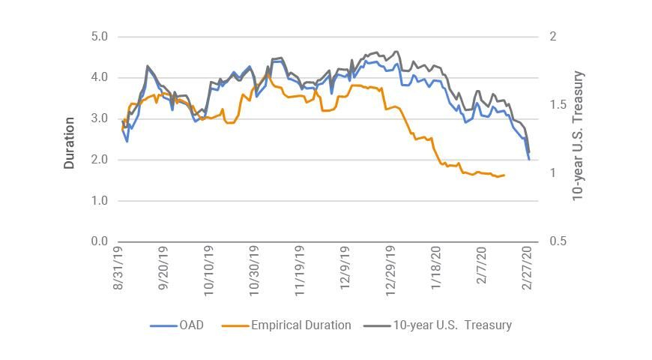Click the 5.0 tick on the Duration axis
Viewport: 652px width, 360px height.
[100, 37]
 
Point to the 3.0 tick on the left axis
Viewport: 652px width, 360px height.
[100, 118]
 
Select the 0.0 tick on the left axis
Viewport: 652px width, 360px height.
[100, 241]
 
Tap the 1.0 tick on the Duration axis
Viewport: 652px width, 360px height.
[100, 201]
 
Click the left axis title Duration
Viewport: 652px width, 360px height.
[70, 142]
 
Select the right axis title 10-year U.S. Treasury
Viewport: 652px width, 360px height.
[578, 136]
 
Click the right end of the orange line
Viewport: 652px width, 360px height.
[504, 175]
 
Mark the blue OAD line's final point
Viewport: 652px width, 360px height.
[529, 159]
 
